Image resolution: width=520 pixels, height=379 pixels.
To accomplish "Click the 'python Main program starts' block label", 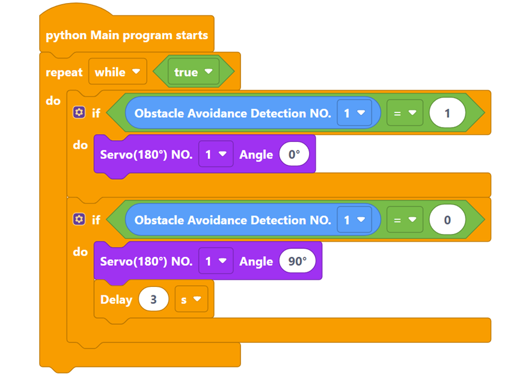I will coord(127,35).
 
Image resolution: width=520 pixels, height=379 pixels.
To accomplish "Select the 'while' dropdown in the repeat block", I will coord(117,72).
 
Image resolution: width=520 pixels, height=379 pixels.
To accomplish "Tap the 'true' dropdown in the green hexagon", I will coord(193,72).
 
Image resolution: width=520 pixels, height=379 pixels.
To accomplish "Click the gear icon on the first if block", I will coord(79,112).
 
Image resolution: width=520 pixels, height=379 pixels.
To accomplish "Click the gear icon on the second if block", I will coord(79,220).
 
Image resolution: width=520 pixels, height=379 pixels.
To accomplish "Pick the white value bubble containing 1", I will coord(447,112).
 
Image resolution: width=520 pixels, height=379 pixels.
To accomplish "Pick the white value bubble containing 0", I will coord(447,220).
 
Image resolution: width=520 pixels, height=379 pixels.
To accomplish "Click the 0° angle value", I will coord(294,155).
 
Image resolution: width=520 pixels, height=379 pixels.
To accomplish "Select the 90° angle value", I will coord(297,261).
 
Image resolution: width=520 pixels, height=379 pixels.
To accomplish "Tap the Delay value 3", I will coord(153,299).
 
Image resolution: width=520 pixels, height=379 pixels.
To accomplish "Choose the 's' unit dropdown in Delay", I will coord(191,299).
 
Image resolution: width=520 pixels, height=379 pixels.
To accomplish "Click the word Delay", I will coord(116,299).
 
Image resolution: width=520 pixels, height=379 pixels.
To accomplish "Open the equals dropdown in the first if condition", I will coord(404,112).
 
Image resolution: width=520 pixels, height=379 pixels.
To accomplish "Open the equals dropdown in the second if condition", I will coord(404,220).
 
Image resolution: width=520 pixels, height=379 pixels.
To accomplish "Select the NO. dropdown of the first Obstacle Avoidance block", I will coord(353,112).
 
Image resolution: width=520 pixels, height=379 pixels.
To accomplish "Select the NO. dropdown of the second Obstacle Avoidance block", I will coord(353,220).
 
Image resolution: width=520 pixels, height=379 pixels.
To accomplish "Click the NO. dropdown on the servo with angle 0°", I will coord(215,155).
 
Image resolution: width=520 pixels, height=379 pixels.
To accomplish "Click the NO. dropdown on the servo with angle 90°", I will coord(215,261).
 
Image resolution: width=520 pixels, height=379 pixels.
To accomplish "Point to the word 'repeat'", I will coord(64,72).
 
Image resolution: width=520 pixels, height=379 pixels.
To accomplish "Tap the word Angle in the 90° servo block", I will coord(256,261).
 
